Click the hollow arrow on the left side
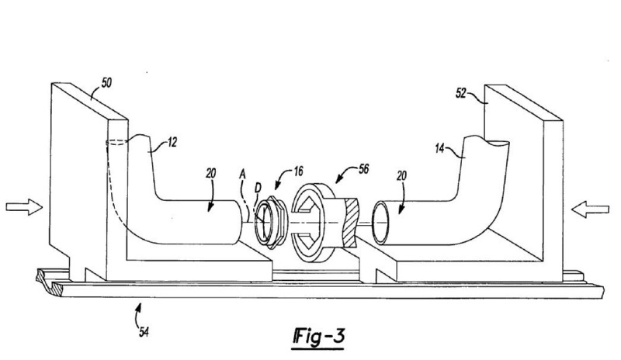coord(21,207)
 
